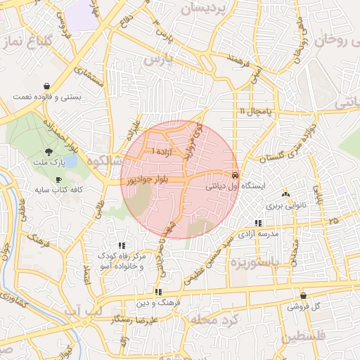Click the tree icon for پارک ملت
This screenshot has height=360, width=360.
click(x=49, y=151)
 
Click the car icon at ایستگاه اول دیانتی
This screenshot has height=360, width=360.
click(x=235, y=175)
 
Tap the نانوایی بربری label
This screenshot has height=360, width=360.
click(x=283, y=207)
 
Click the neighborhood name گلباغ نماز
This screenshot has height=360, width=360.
click(x=29, y=43)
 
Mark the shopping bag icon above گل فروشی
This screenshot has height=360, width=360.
click(x=303, y=296)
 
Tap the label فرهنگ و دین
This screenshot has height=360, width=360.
click(x=159, y=303)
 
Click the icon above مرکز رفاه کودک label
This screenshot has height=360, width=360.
click(x=122, y=245)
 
